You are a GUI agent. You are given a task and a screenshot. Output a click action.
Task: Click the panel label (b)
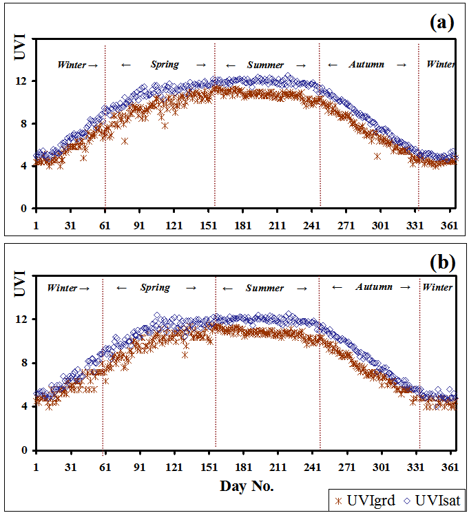[441, 262]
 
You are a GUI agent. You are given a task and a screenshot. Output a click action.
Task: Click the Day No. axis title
[247, 486]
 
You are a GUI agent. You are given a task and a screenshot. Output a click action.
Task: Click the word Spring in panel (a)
[165, 65]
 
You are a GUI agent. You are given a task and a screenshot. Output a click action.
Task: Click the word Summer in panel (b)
[264, 288]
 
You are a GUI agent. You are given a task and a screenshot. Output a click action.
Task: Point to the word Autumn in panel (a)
[366, 65]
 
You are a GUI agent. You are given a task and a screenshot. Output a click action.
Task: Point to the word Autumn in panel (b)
[374, 286]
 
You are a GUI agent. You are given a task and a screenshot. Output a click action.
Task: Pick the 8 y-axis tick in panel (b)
[23, 363]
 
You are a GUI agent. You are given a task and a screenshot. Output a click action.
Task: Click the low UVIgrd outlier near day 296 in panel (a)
[377, 156]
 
